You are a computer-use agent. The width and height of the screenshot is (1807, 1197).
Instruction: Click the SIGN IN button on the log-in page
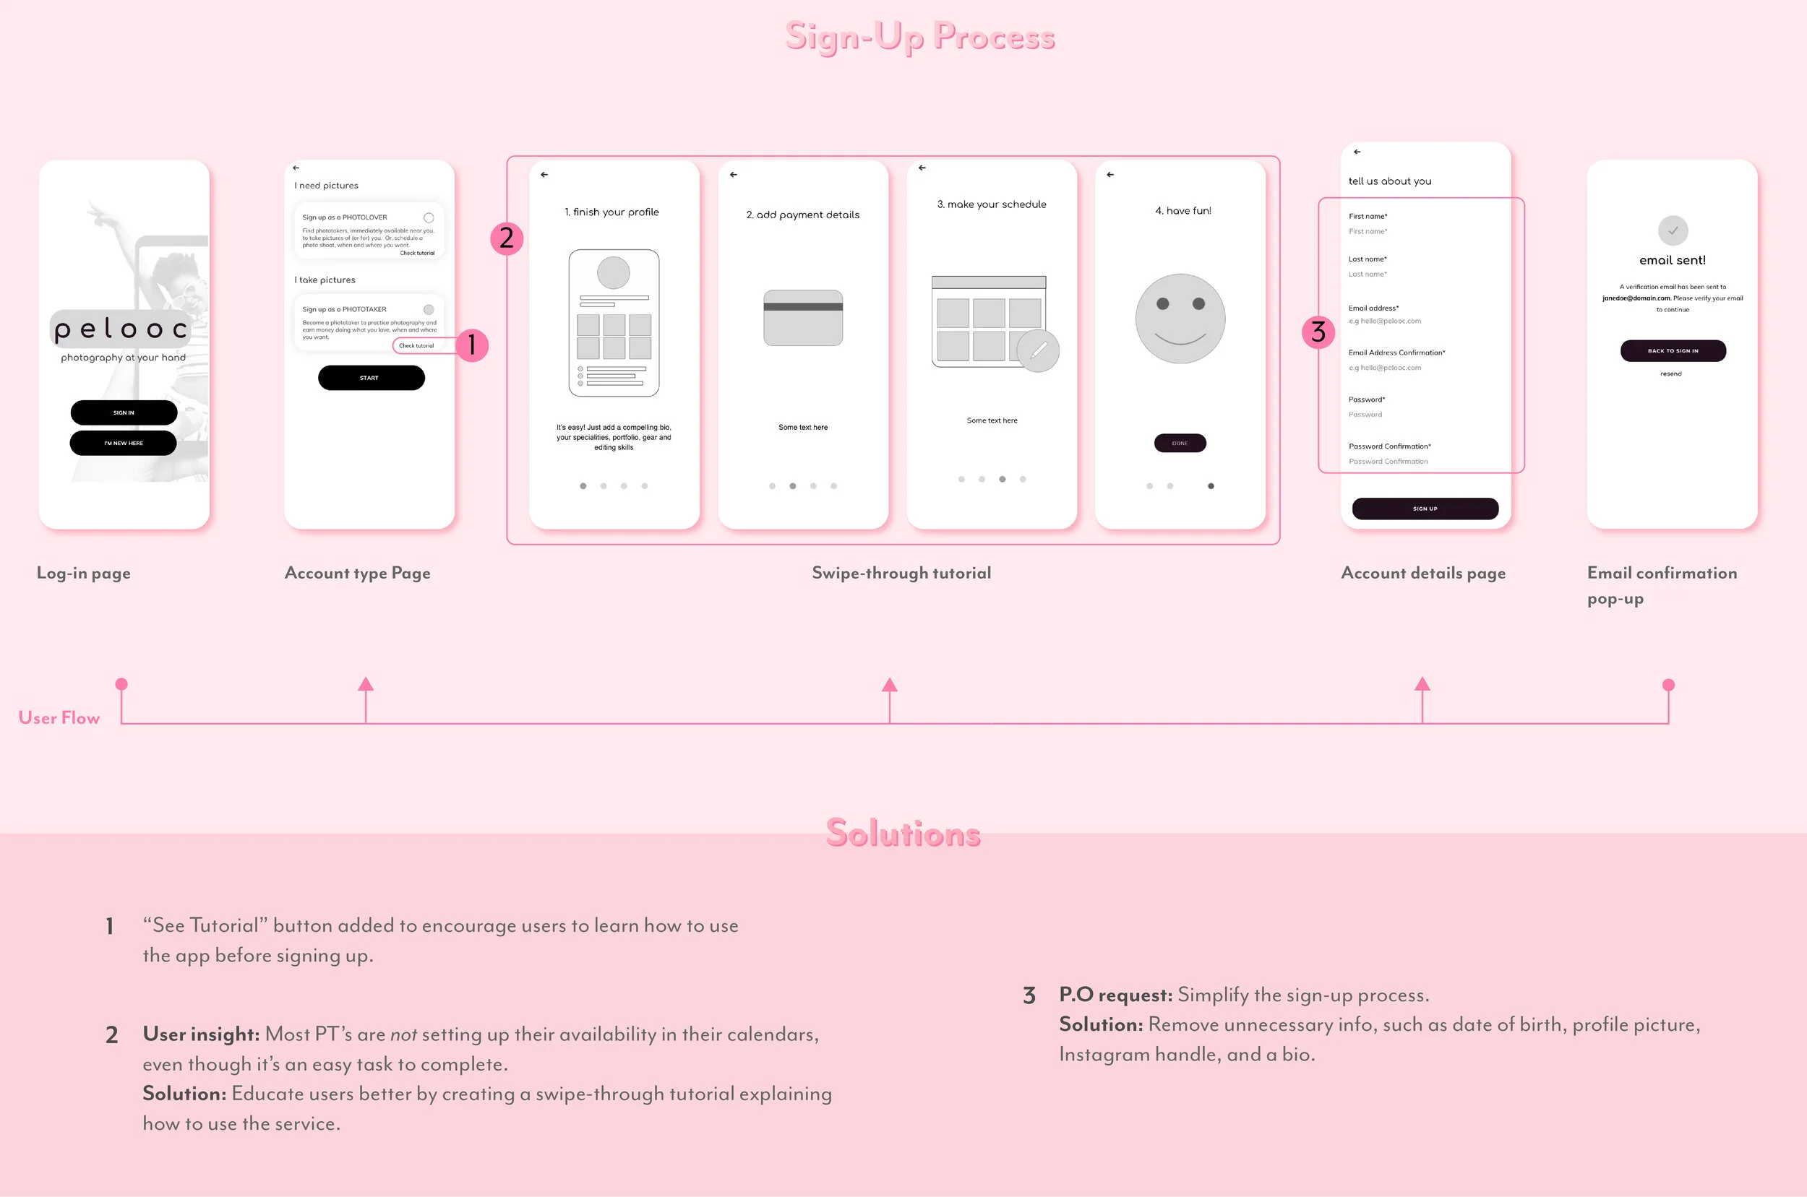124,412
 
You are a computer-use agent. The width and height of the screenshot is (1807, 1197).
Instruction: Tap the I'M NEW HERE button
123,443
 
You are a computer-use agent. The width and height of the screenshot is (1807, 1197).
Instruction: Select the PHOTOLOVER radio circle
429,217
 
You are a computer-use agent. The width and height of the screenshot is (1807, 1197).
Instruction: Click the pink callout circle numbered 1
472,345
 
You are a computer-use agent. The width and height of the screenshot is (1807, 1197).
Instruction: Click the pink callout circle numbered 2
507,238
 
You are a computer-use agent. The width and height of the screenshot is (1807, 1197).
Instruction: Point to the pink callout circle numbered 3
1318,332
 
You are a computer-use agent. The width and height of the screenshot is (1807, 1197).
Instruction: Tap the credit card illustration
803,318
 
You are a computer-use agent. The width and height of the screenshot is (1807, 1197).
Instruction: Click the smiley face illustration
1180,319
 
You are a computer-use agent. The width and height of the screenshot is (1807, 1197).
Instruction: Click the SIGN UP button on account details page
1425,509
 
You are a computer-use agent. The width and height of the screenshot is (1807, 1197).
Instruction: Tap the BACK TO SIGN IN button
1673,350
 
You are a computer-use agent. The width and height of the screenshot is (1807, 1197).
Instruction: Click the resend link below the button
1670,374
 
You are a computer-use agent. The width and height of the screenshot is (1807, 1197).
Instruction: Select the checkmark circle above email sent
1673,230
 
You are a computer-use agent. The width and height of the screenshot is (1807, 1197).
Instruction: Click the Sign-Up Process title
919,37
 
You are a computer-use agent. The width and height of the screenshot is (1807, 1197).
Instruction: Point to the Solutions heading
903,833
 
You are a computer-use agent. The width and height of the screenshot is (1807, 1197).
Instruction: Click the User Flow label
59,717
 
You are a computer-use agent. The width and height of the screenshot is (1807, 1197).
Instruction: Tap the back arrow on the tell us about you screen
1357,152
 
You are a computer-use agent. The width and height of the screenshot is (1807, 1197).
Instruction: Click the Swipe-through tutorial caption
901,573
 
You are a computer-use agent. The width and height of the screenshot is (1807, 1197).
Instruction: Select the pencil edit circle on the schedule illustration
1038,351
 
